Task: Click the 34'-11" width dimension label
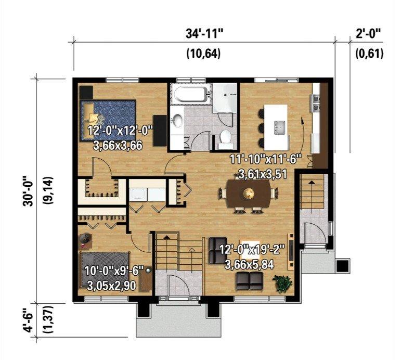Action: (204, 34)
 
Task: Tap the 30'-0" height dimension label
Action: (28, 191)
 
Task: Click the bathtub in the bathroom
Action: (190, 94)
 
